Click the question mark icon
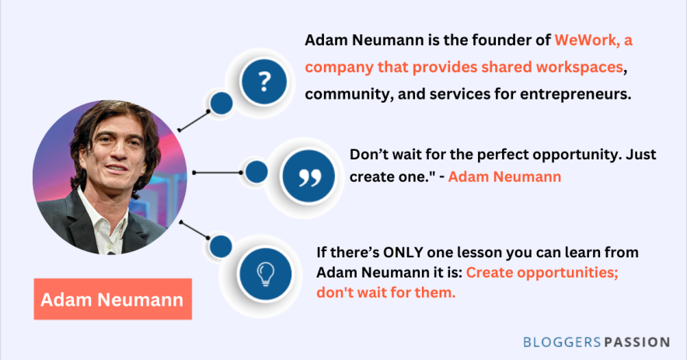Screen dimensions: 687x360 tap(263, 82)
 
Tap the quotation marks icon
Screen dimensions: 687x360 tap(309, 177)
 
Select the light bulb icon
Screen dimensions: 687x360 tap(265, 274)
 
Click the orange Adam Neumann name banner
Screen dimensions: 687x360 tap(113, 299)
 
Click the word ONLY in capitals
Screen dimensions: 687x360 tap(403, 253)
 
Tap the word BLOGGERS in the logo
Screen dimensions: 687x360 tap(562, 342)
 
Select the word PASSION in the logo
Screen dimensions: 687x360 tap(637, 342)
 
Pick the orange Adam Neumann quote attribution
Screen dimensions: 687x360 tap(504, 177)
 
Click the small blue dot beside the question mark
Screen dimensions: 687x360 tap(221, 103)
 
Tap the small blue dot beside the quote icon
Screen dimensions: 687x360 tap(256, 172)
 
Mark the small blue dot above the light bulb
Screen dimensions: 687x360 tap(221, 246)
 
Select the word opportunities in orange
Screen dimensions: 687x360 tap(567, 273)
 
